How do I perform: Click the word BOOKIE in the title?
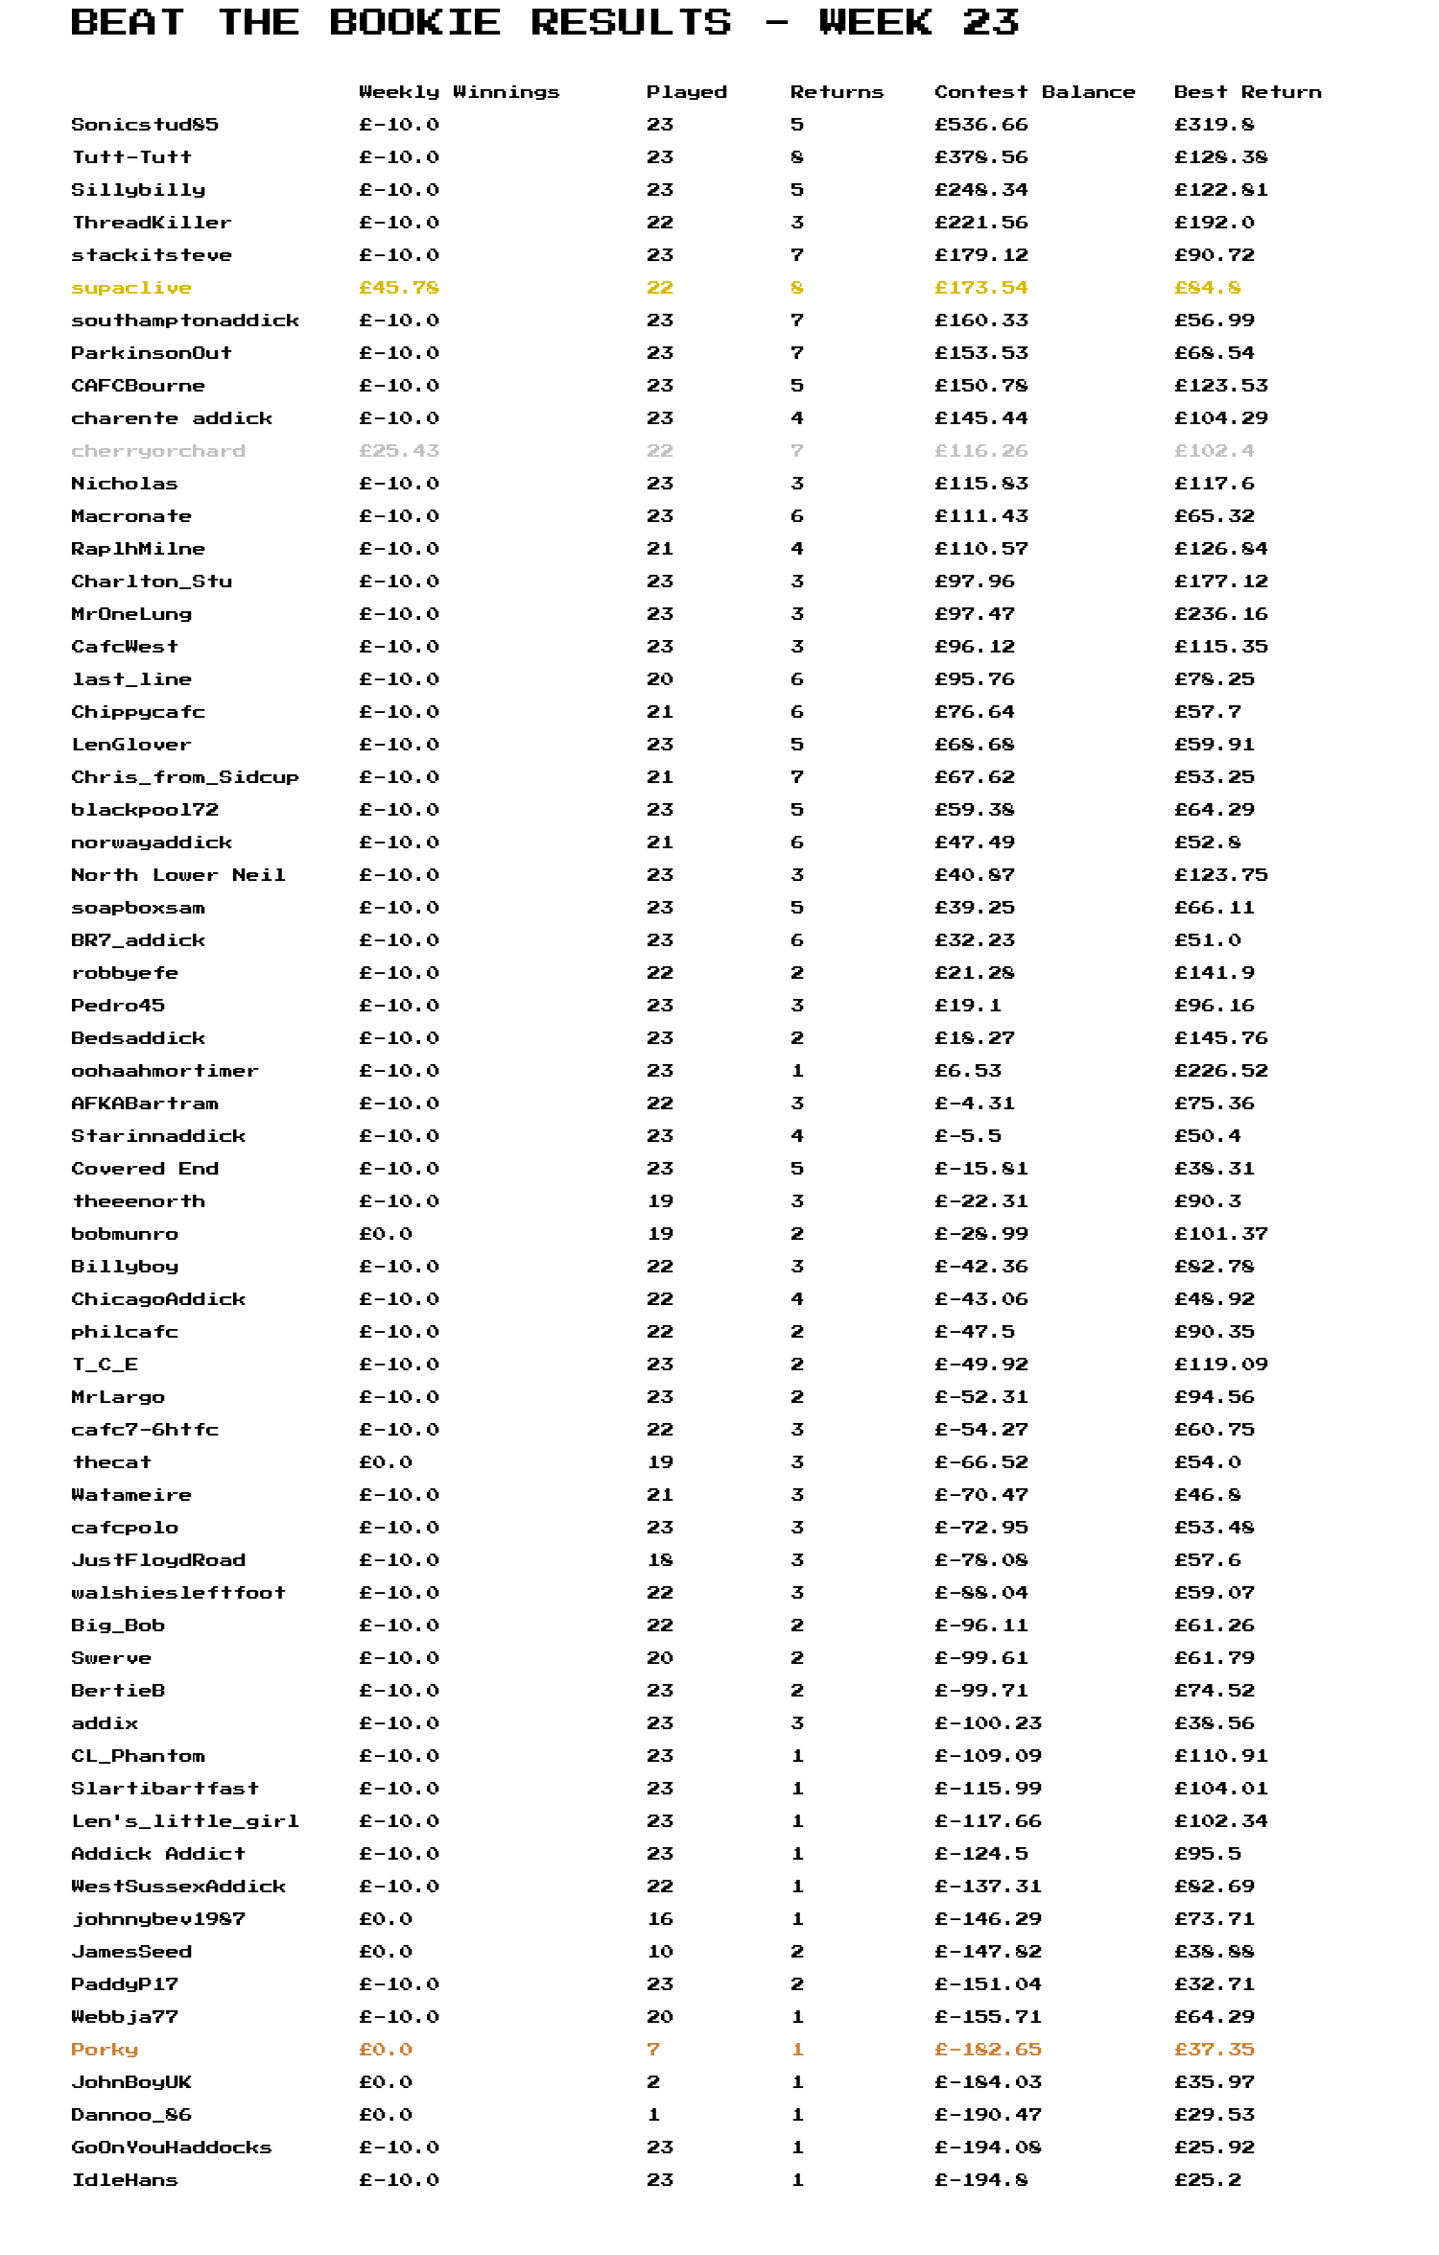(414, 22)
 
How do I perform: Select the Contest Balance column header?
(1034, 92)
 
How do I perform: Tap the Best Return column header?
(1247, 92)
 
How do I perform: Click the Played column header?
(686, 92)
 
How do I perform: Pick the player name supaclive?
(131, 288)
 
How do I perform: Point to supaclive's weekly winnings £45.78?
(399, 288)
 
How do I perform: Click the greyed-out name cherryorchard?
(158, 451)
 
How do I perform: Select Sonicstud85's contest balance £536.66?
(980, 125)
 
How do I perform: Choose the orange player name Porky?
(105, 2050)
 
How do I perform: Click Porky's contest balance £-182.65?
(987, 2050)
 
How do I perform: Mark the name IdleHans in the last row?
(125, 2180)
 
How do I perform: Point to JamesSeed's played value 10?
(660, 1952)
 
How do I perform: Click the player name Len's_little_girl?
(185, 1821)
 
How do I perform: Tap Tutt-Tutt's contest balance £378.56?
(980, 157)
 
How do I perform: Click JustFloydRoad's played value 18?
(660, 1560)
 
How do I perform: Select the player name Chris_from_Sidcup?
(185, 777)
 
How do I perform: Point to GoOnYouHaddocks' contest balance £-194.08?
(987, 2148)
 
